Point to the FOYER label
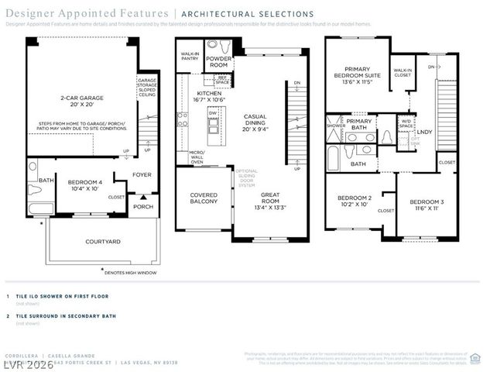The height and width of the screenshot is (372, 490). [x=142, y=175]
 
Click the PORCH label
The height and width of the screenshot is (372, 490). [x=143, y=206]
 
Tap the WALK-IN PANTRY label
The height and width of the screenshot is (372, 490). [x=189, y=55]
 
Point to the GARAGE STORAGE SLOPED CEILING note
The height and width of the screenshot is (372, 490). [x=147, y=88]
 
